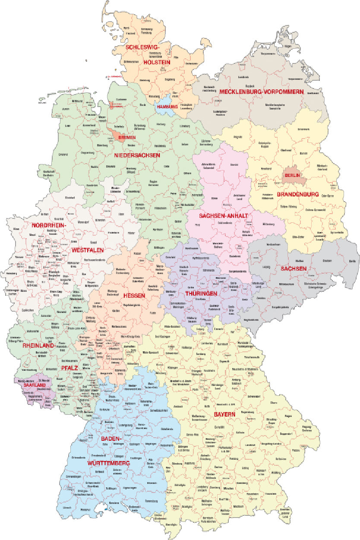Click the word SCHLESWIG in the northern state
coord(141,47)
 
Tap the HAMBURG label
coord(167,107)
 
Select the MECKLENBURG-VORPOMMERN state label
coord(262,92)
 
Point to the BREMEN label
coord(127,138)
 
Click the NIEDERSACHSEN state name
coord(137,155)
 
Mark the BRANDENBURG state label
coord(298,195)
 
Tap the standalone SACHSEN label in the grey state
coord(294,268)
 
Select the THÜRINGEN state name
coord(203,293)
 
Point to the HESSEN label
coord(134,296)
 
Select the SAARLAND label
coord(35,385)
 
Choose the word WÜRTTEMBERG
coord(108,463)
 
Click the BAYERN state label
coord(224,414)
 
